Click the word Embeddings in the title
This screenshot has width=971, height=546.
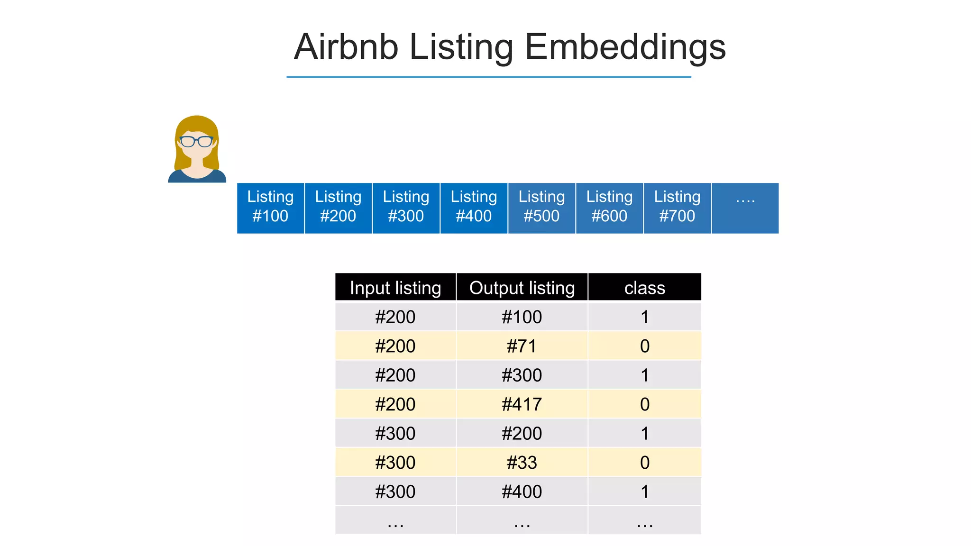click(x=625, y=47)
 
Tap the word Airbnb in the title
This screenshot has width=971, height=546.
click(x=346, y=47)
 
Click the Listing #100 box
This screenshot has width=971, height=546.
click(x=270, y=208)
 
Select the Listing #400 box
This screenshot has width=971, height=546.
click(x=474, y=208)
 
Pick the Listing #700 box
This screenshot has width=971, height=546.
click(x=677, y=208)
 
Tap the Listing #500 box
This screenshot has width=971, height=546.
click(x=541, y=208)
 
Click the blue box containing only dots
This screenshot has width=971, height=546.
click(x=745, y=208)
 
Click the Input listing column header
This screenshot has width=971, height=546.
click(x=395, y=288)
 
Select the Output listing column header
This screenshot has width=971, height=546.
click(x=522, y=288)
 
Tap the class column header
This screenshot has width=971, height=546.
click(x=644, y=288)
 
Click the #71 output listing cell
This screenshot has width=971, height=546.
click(x=522, y=346)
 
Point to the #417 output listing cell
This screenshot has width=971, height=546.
click(x=522, y=404)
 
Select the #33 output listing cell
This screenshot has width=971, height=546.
click(x=522, y=463)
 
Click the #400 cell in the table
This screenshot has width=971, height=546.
click(x=522, y=491)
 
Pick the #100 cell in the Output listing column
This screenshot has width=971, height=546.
click(x=522, y=317)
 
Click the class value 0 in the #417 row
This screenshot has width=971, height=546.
click(x=644, y=404)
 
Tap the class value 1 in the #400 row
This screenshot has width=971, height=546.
click(x=644, y=491)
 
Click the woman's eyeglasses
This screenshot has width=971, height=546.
click(x=196, y=141)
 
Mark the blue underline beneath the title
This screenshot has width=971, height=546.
click(x=488, y=77)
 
